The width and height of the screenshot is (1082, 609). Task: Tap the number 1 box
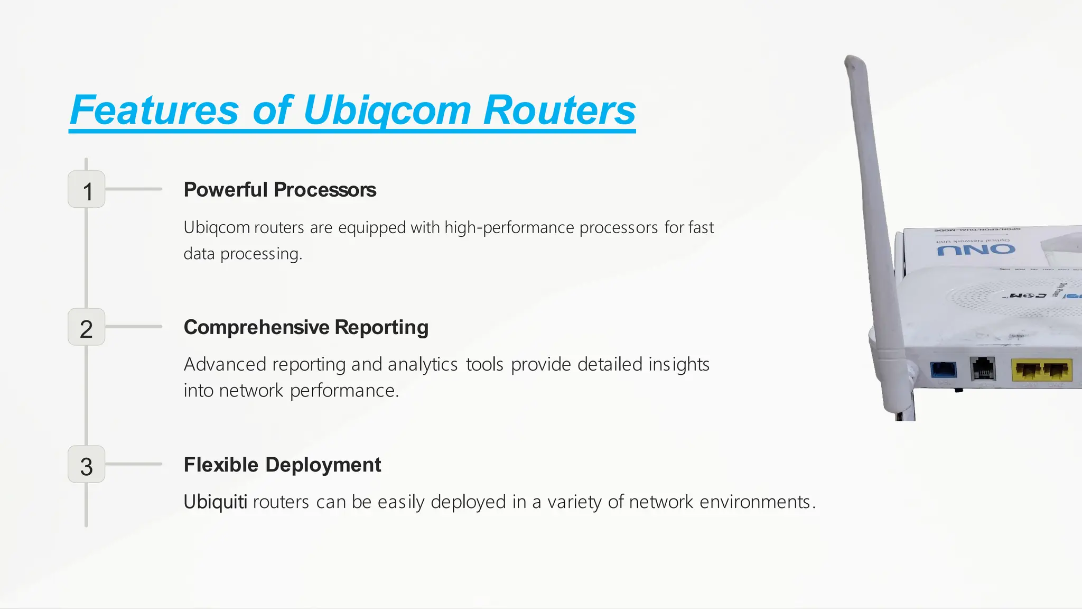coord(87,190)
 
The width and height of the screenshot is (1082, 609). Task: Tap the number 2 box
coord(87,327)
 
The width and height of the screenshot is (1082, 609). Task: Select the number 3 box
coord(87,465)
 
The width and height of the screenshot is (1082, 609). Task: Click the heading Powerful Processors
coord(279,190)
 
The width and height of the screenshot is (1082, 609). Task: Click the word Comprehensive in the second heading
coord(256,327)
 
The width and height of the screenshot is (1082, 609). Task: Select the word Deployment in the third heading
coord(323,465)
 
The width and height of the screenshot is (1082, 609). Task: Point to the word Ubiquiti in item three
coord(215,502)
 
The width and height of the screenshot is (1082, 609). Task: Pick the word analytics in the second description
coord(423,364)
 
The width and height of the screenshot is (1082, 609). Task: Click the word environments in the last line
coord(755,502)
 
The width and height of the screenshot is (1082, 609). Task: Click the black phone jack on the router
coord(983,368)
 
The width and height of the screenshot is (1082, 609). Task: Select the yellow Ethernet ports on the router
coord(1041,370)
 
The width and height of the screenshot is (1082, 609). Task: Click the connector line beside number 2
coord(134,327)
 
